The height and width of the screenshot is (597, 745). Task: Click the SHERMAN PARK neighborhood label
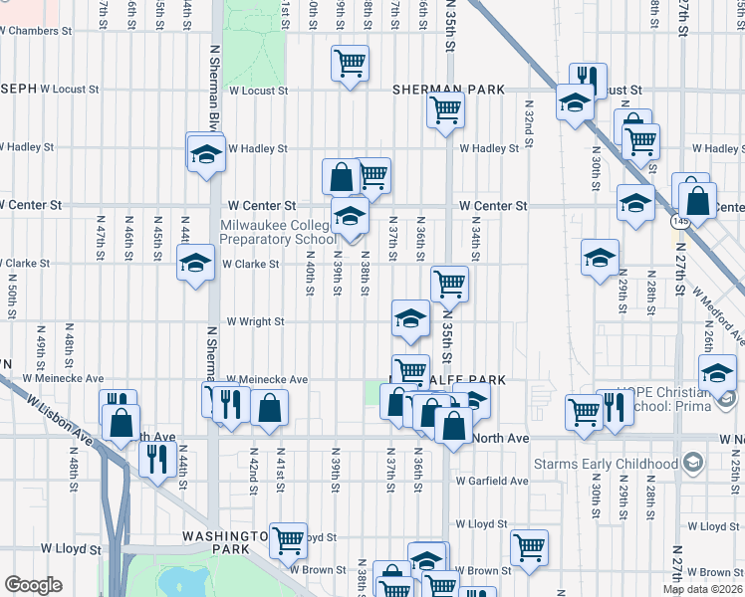[x=448, y=90]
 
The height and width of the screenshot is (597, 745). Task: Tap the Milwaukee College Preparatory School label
[x=278, y=232]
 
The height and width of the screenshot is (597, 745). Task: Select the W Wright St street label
[x=255, y=321]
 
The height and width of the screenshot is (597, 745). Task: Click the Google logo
[x=32, y=585]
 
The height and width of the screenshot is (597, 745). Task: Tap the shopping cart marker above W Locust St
[x=350, y=65]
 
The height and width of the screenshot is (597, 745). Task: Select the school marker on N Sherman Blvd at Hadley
[x=206, y=154]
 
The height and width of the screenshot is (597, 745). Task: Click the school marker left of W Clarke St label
[x=195, y=264]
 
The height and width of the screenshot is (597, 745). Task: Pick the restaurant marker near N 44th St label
[x=156, y=459]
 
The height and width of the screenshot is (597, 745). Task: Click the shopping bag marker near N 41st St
[x=269, y=407]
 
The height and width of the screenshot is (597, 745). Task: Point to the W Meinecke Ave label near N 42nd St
[x=267, y=379]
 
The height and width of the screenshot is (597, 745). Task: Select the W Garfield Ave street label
[x=492, y=481]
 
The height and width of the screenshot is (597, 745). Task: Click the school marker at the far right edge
[x=716, y=374]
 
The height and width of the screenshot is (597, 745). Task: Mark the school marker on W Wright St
[x=409, y=318]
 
